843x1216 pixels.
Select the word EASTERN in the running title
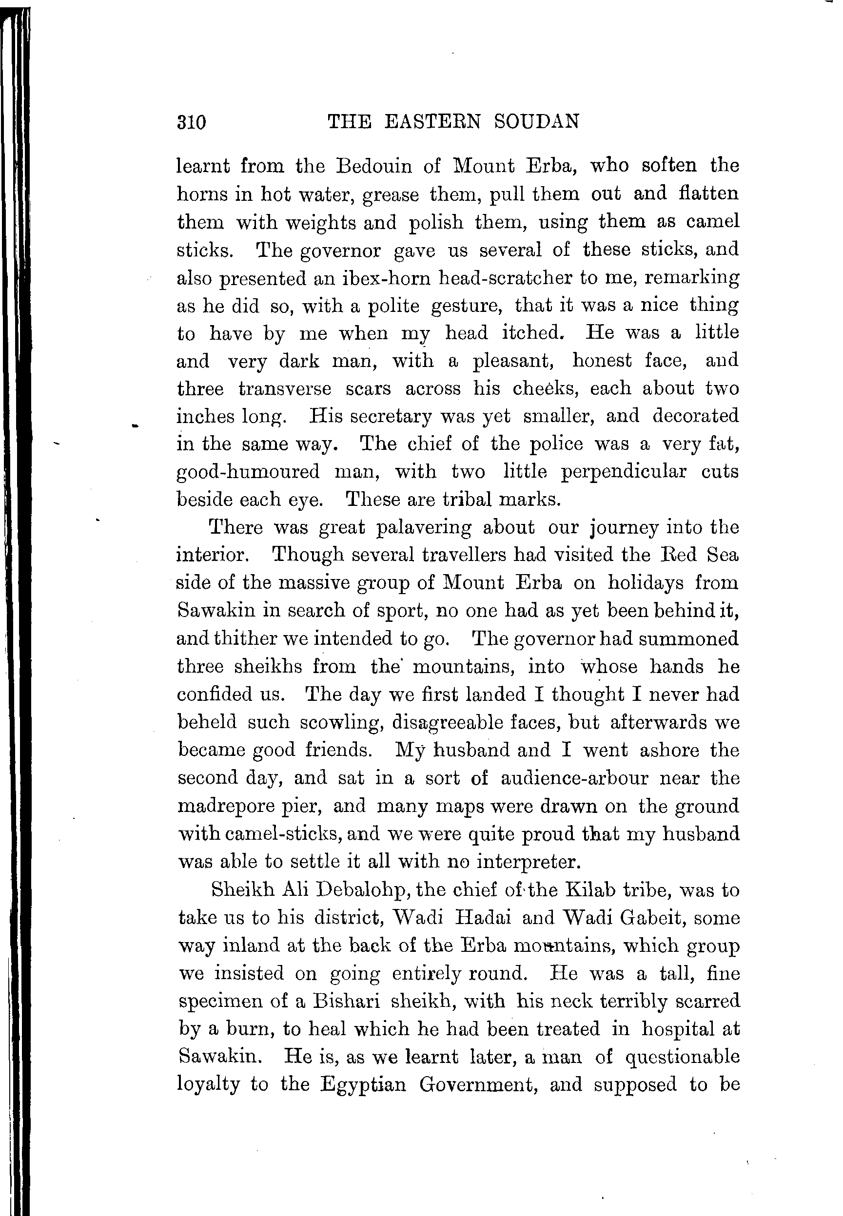point(432,121)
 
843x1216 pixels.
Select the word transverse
point(285,388)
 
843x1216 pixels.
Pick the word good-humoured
point(248,471)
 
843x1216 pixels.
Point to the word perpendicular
point(623,471)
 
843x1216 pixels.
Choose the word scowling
point(341,722)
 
